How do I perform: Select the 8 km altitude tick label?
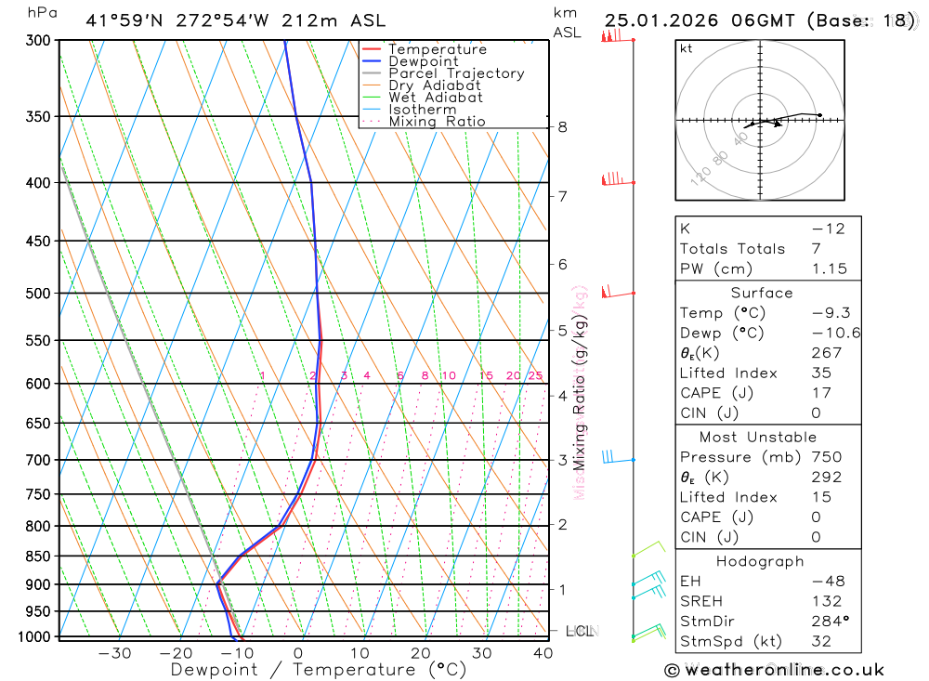point(563,127)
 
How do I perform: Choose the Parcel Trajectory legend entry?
point(456,73)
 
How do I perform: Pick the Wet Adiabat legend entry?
point(436,98)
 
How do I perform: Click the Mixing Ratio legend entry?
point(437,122)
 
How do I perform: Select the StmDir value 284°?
point(830,621)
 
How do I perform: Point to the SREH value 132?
point(827,601)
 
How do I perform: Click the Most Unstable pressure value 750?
point(827,457)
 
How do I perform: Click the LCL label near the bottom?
point(579,631)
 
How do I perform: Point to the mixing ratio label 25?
point(535,376)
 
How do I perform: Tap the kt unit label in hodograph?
point(687,48)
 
